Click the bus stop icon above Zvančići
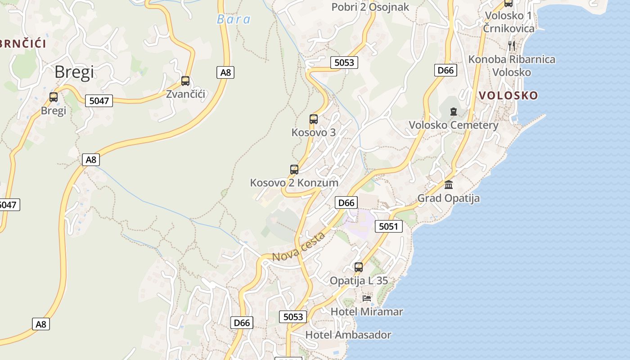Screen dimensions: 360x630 point(185,81)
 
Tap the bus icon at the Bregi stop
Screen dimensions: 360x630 point(54,97)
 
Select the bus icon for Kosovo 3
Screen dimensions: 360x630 point(314,119)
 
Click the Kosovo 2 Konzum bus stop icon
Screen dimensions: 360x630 point(294,170)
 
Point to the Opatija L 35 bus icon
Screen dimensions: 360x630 point(359,267)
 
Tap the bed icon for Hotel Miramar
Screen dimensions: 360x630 point(367,298)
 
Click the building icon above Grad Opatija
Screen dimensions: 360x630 point(449,184)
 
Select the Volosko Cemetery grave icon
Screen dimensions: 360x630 point(454,112)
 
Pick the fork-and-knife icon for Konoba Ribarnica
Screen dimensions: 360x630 point(511,45)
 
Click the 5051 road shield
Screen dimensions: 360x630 point(388,226)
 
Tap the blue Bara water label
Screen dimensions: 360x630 point(234,19)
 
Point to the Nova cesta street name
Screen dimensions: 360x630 point(299,247)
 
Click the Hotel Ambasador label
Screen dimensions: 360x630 point(348,335)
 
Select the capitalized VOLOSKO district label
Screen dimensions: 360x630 point(508,95)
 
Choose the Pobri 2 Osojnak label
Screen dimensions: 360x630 point(370,7)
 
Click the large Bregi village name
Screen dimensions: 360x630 point(74,72)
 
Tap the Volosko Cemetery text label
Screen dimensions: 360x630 point(453,125)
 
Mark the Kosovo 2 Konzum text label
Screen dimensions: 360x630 point(294,183)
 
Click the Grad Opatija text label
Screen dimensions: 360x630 point(448,198)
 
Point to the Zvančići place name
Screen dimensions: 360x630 point(185,94)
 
